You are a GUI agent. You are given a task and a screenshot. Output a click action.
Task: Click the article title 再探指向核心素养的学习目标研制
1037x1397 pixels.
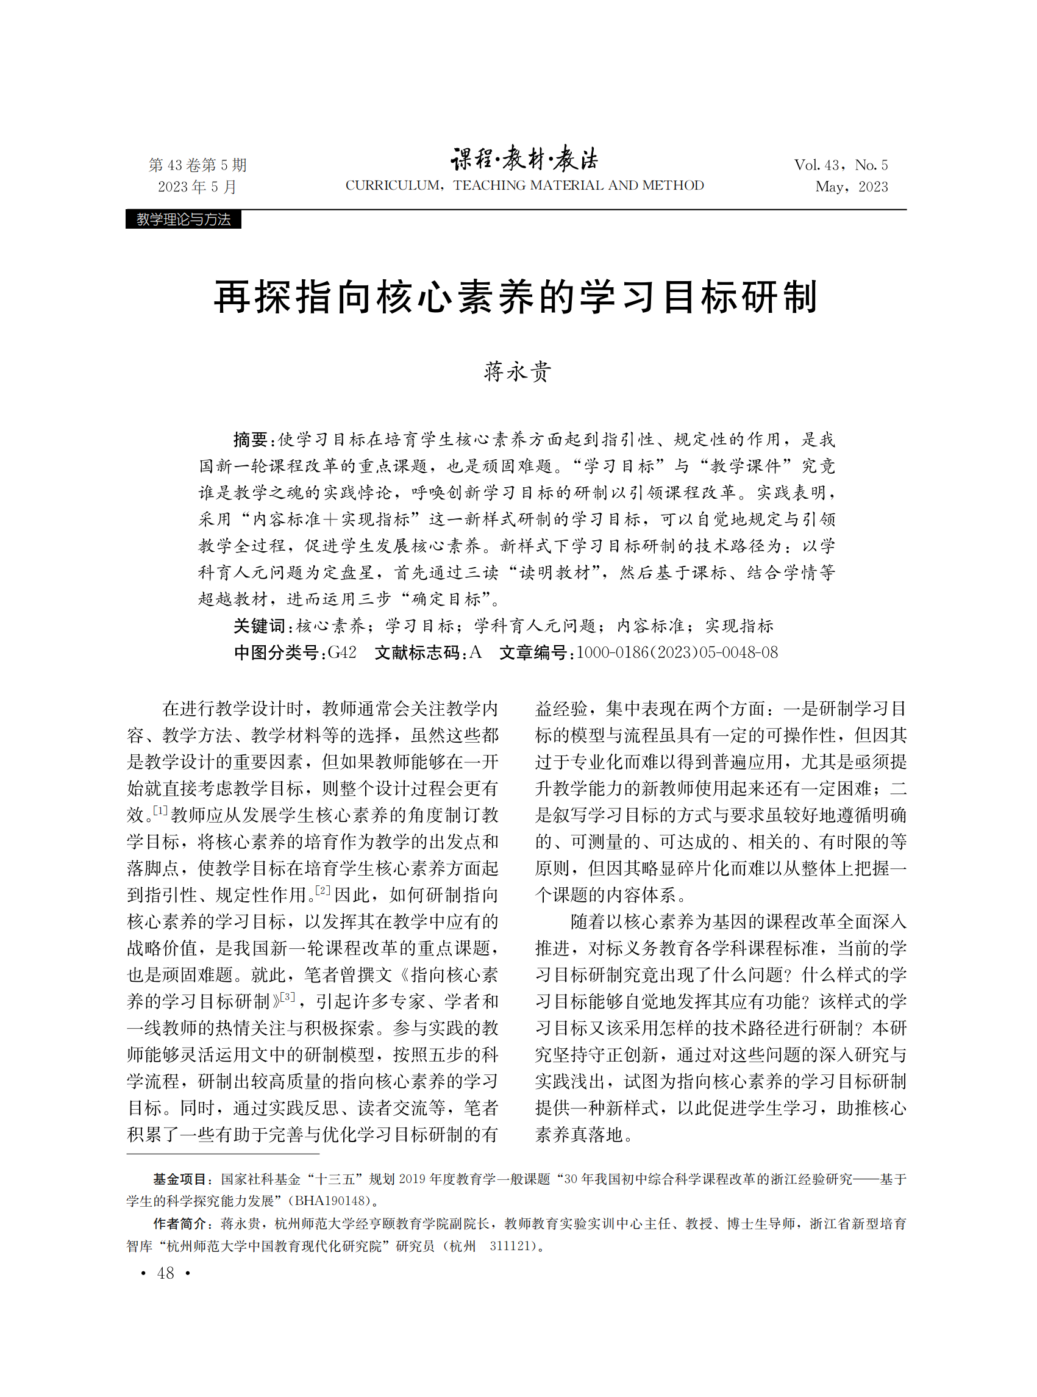tap(516, 296)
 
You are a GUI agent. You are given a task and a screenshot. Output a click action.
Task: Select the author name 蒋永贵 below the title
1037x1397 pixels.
tap(517, 371)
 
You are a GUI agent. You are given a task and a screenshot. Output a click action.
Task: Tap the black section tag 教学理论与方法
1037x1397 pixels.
tap(184, 219)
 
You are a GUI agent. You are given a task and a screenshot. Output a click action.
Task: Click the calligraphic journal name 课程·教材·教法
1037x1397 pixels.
tap(525, 160)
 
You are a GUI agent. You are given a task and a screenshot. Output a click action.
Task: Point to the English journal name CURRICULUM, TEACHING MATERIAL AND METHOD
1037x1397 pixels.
tap(525, 185)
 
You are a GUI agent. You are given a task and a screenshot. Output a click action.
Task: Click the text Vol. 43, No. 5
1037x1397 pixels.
tap(841, 165)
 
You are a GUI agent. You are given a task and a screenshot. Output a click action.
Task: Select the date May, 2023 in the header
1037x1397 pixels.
tap(851, 187)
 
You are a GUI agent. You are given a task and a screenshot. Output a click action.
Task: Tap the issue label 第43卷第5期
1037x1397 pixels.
tap(198, 165)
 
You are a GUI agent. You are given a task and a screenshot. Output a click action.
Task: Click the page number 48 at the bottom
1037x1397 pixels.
tap(166, 1273)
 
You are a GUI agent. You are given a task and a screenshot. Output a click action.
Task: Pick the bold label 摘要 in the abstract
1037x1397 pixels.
tap(251, 440)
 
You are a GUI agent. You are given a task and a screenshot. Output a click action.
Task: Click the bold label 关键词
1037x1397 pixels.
tap(259, 626)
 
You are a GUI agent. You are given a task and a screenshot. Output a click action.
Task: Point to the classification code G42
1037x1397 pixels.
tap(342, 652)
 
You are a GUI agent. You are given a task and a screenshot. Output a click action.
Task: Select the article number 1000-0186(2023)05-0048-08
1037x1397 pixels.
tap(677, 652)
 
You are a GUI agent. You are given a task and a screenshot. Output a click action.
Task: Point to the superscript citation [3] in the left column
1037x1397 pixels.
tap(287, 996)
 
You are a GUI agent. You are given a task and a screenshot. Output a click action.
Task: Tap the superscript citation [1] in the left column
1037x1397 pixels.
tap(160, 810)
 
